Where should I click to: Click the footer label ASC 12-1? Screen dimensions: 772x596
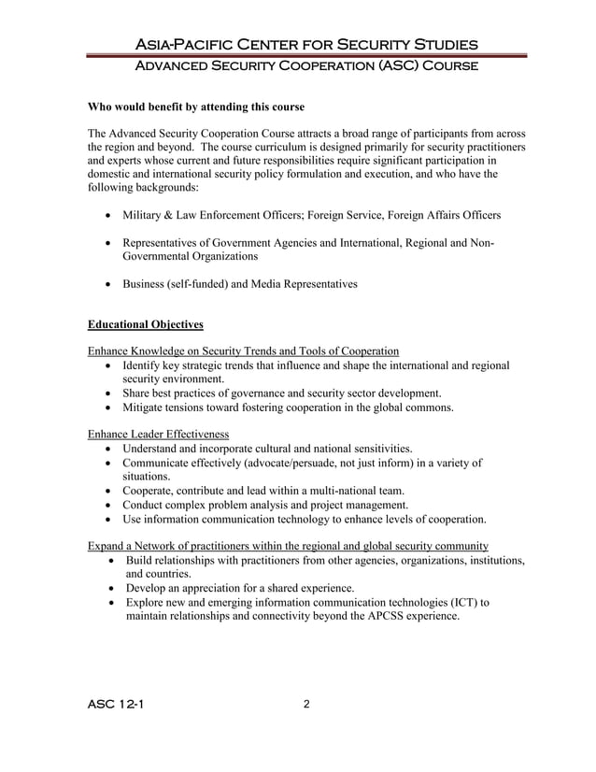tap(115, 705)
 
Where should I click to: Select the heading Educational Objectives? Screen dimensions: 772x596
tap(145, 325)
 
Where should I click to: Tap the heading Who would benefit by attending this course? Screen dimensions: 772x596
tap(195, 107)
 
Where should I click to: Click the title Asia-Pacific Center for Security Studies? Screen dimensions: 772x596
tap(306, 45)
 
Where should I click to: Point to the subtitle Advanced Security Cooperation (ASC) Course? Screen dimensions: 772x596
tap(306, 66)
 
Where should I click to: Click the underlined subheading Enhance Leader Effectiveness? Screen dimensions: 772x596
tap(158, 434)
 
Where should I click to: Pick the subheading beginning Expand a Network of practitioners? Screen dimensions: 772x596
tap(288, 545)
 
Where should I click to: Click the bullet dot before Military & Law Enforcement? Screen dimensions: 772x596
tap(111, 216)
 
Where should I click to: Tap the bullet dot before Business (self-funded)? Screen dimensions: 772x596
tap(111, 284)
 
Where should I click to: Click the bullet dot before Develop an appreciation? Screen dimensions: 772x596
tap(112, 589)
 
